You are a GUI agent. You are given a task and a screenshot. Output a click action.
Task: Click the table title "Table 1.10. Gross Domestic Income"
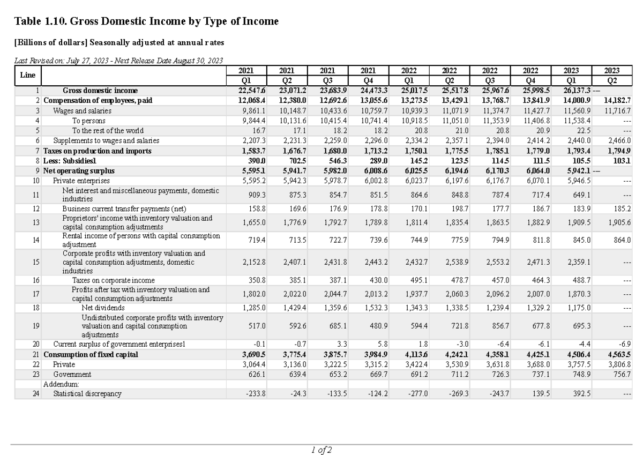(x=146, y=22)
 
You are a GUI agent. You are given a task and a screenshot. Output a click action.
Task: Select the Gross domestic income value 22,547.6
(x=252, y=90)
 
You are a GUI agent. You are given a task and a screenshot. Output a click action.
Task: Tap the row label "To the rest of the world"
(x=108, y=130)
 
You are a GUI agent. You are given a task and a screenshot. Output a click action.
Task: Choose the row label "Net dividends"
(x=103, y=308)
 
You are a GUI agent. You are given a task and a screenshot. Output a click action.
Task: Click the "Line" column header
(x=27, y=75)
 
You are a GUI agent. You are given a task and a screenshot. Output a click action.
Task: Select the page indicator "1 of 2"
(x=322, y=450)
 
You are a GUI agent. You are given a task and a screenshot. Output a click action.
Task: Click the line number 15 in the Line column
(x=36, y=263)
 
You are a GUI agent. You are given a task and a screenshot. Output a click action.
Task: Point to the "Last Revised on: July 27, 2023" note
(x=118, y=61)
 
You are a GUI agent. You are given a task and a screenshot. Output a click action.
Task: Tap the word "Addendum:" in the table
(x=61, y=384)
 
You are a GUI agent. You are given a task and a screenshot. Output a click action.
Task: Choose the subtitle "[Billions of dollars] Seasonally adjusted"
(x=119, y=42)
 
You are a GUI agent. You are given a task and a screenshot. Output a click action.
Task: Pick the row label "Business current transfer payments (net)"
(x=124, y=208)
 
